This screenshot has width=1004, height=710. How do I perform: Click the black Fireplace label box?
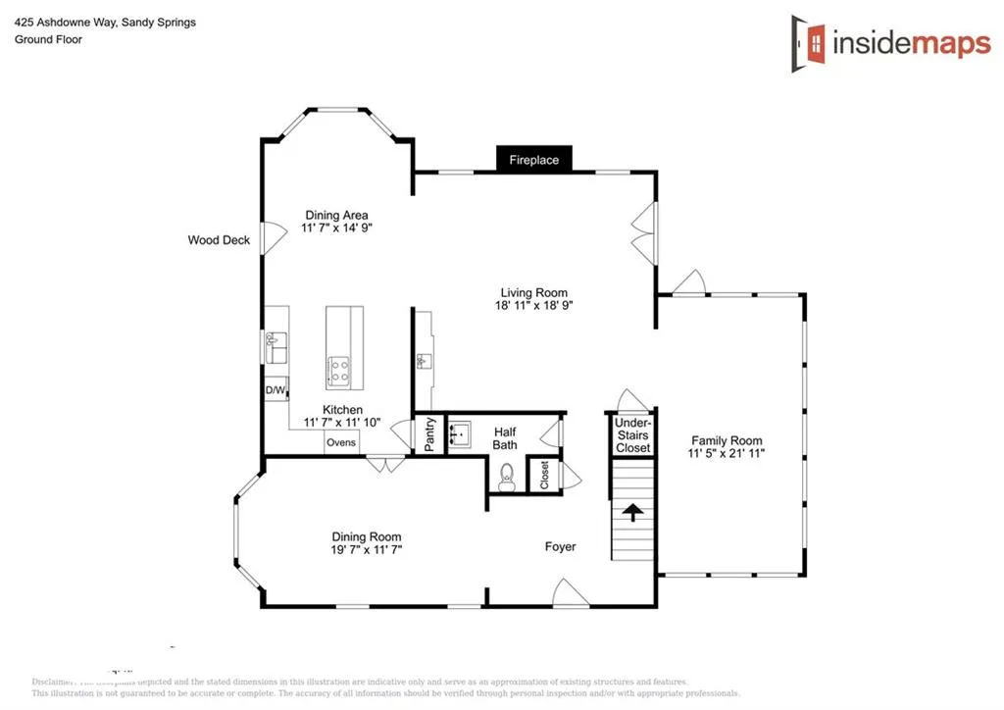(x=533, y=160)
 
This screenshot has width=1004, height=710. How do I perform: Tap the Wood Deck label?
(x=219, y=240)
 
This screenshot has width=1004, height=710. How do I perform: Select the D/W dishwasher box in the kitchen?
(x=276, y=390)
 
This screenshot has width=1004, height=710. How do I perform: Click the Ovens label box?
(x=341, y=443)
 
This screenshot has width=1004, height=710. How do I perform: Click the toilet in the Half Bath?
(x=506, y=478)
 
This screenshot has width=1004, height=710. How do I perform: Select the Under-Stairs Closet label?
(x=632, y=434)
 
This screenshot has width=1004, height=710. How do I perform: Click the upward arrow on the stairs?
(x=633, y=512)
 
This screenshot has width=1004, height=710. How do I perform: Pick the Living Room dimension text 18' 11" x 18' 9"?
(x=534, y=306)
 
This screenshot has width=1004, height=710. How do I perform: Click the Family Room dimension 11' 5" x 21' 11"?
(x=727, y=454)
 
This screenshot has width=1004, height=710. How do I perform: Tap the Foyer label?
(x=561, y=546)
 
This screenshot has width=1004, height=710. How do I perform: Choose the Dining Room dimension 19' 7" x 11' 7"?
(x=367, y=550)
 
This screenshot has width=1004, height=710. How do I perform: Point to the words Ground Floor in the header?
(x=48, y=40)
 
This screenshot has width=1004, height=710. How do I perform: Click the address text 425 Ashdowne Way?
(x=65, y=23)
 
